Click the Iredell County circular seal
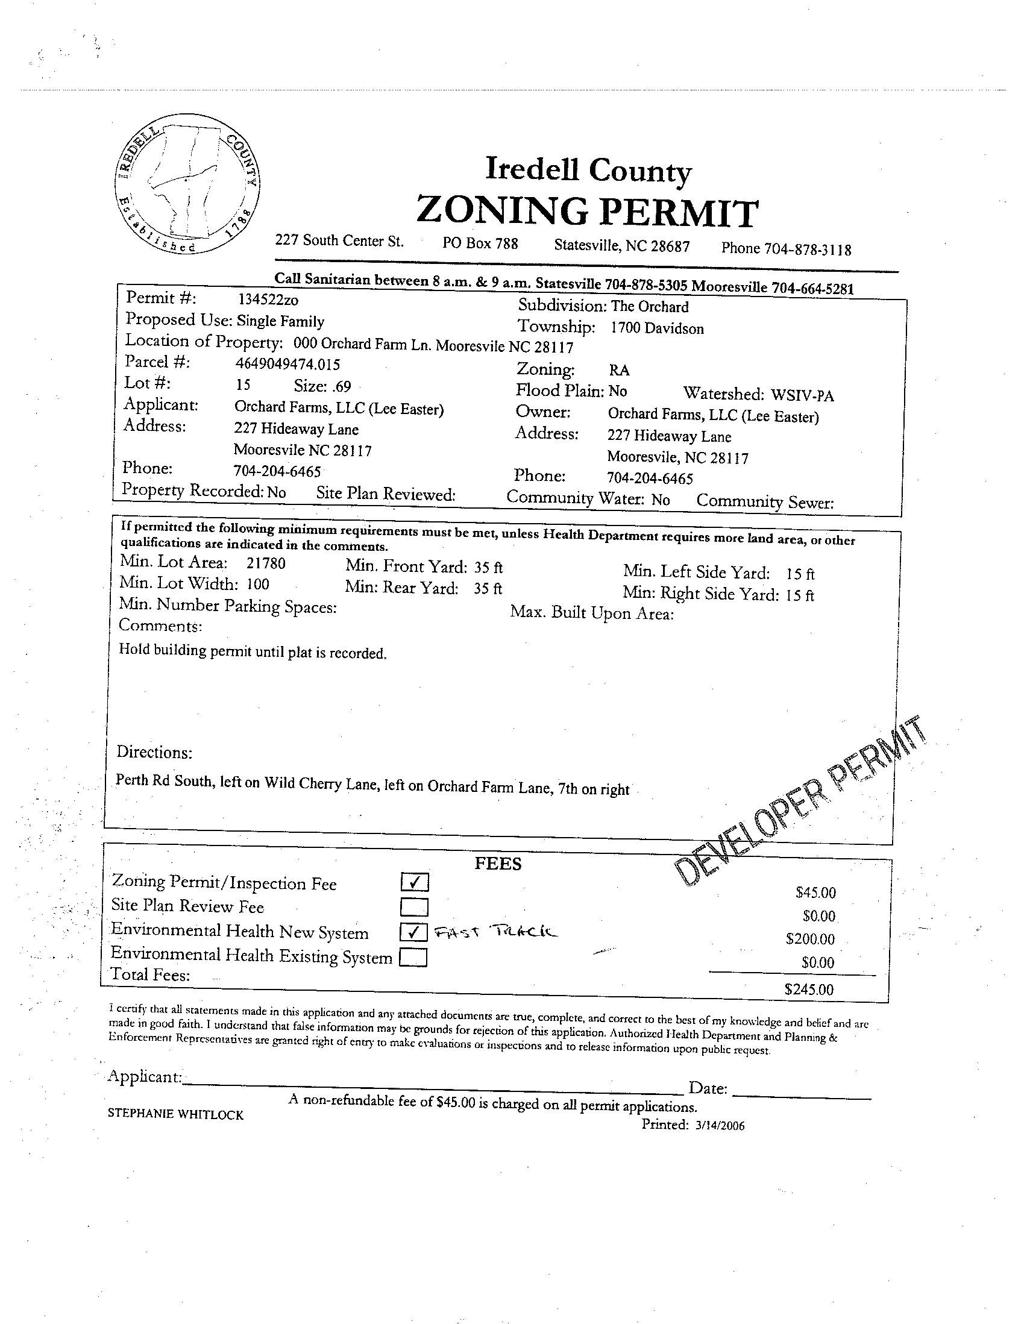pyautogui.click(x=188, y=184)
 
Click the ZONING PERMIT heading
pyautogui.click(x=588, y=212)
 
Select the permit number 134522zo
pyautogui.click(x=268, y=300)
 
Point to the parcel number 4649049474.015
pyautogui.click(x=287, y=364)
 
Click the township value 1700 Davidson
pyautogui.click(x=656, y=328)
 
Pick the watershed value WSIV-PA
pyautogui.click(x=802, y=395)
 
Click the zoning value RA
pyautogui.click(x=619, y=370)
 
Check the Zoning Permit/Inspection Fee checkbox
pyautogui.click(x=415, y=882)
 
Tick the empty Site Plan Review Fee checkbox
pyautogui.click(x=415, y=907)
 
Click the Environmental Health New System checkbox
pyautogui.click(x=414, y=932)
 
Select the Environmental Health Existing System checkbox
pyautogui.click(x=414, y=957)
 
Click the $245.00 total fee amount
pyautogui.click(x=809, y=990)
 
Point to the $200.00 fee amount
pyautogui.click(x=810, y=939)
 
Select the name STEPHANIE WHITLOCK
pyautogui.click(x=176, y=1114)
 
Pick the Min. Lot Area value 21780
pyautogui.click(x=266, y=563)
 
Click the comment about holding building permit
pyautogui.click(x=252, y=651)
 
